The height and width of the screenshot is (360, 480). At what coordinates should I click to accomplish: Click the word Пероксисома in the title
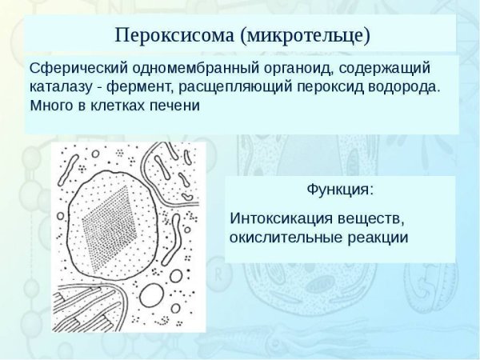click(173, 36)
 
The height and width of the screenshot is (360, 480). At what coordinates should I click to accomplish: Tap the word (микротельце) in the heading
click(310, 36)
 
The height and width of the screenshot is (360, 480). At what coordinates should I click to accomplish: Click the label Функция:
click(339, 190)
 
